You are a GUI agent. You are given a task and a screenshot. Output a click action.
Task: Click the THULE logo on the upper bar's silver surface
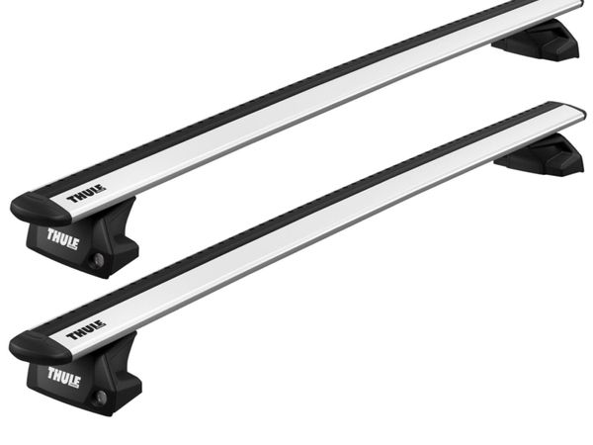coord(86,194)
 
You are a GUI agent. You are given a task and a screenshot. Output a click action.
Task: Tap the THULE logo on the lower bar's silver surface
coord(86,330)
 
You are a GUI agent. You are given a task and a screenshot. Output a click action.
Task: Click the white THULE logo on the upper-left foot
coord(63,238)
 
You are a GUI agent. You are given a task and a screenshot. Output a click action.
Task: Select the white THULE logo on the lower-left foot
coord(63,378)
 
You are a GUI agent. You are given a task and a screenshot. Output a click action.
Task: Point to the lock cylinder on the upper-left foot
coord(99,259)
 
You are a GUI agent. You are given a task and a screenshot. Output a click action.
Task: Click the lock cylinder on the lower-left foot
coord(101,397)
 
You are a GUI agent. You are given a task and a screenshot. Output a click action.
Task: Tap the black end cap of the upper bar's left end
coord(40,208)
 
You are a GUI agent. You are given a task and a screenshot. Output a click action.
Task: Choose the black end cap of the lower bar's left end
coord(39,345)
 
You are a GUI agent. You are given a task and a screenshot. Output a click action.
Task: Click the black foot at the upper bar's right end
coord(539,40)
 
